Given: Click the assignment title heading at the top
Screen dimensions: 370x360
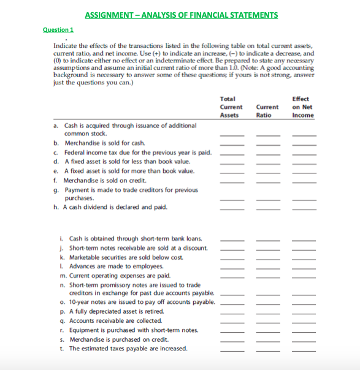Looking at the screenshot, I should tap(181, 15).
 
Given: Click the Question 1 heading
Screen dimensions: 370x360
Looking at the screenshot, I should tap(58, 30).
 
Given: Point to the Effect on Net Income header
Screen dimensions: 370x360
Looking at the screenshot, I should tap(302, 107).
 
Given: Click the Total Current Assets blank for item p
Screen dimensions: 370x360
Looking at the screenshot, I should tap(232, 312).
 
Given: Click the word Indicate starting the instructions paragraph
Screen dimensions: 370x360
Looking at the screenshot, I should tap(65, 47).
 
